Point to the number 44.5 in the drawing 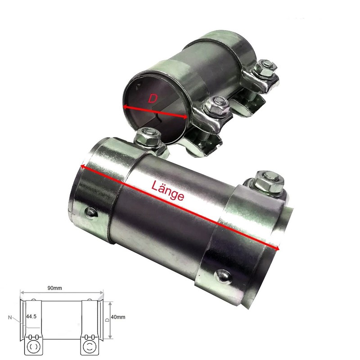(31, 317)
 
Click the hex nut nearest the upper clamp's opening (215, 106)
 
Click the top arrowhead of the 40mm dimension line (110, 302)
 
